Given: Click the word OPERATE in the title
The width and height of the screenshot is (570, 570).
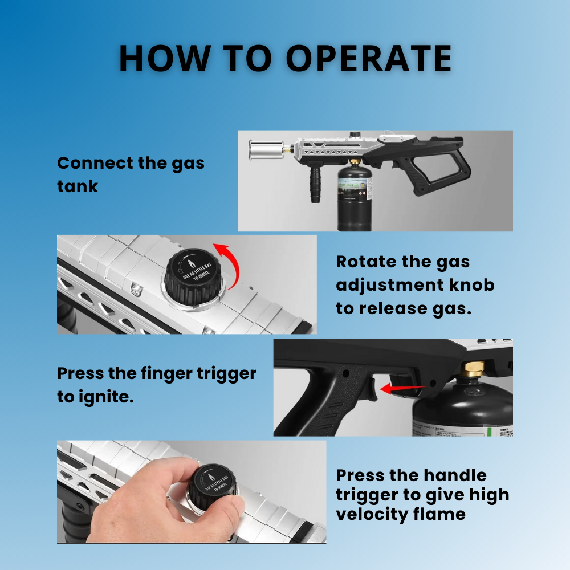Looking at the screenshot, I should click(x=369, y=58).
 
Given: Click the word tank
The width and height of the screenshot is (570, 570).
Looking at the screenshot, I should click(x=77, y=186).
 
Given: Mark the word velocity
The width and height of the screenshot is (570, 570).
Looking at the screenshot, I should click(x=370, y=514).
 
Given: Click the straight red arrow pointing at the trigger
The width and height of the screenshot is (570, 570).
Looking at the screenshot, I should click(x=402, y=389).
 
